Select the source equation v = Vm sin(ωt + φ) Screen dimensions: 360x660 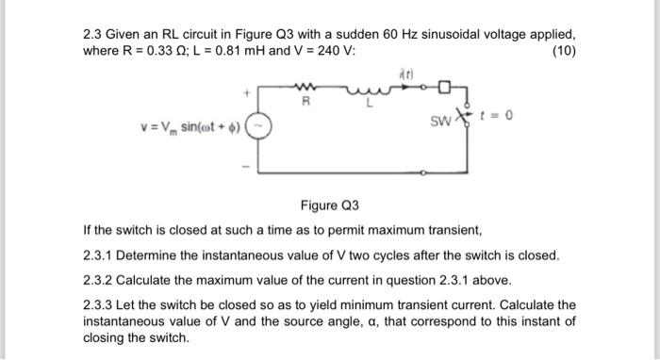click(190, 126)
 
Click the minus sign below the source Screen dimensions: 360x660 click(246, 168)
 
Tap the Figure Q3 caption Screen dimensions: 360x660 click(330, 205)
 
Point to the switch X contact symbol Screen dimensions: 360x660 click(463, 117)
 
